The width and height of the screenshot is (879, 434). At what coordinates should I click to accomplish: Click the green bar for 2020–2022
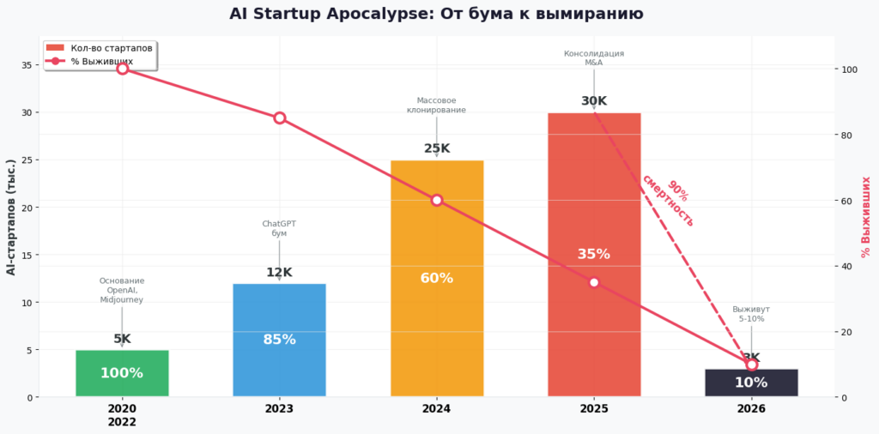pos(122,373)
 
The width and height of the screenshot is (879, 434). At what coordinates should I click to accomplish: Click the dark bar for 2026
pos(751,383)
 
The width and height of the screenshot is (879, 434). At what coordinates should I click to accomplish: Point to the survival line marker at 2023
pos(280,118)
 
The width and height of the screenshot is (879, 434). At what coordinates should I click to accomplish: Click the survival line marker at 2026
pos(752,365)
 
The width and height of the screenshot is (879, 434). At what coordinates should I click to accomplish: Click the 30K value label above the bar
pos(594,101)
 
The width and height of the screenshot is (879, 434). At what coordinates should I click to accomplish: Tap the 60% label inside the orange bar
pos(437,278)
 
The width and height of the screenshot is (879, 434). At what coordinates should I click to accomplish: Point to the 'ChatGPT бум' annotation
pos(279,228)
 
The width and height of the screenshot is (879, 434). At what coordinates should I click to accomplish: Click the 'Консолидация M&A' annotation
pos(594,58)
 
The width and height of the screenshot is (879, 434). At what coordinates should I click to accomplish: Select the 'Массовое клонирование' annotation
pos(436,105)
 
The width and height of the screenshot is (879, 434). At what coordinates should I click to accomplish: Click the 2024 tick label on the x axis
pos(436,409)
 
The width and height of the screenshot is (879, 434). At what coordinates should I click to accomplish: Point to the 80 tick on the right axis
pos(848,135)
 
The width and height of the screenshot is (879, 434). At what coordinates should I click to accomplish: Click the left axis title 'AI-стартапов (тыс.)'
pos(11,216)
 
